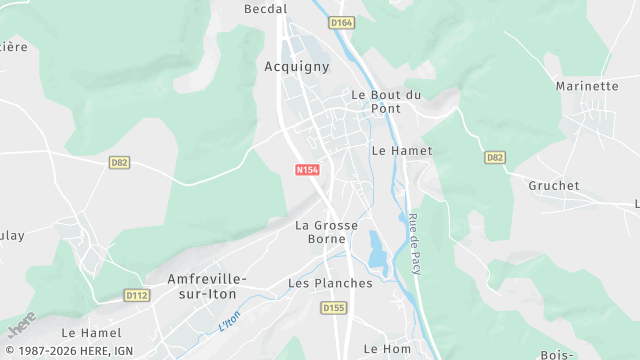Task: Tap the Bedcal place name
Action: pos(266,9)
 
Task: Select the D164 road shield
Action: pos(342,22)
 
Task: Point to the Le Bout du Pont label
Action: pos(386,102)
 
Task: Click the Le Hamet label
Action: pos(401,150)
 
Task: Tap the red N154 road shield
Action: pos(307,170)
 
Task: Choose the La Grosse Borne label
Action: pos(327,232)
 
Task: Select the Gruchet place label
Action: pos(554,186)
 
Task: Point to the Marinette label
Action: pos(587,86)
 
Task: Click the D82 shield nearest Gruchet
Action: pos(494,158)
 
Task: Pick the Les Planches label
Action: pos(330,283)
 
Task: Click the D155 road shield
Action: pos(334,308)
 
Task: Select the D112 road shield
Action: pos(136,295)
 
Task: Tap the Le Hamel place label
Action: pos(91,332)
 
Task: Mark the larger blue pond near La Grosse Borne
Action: pos(377,250)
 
